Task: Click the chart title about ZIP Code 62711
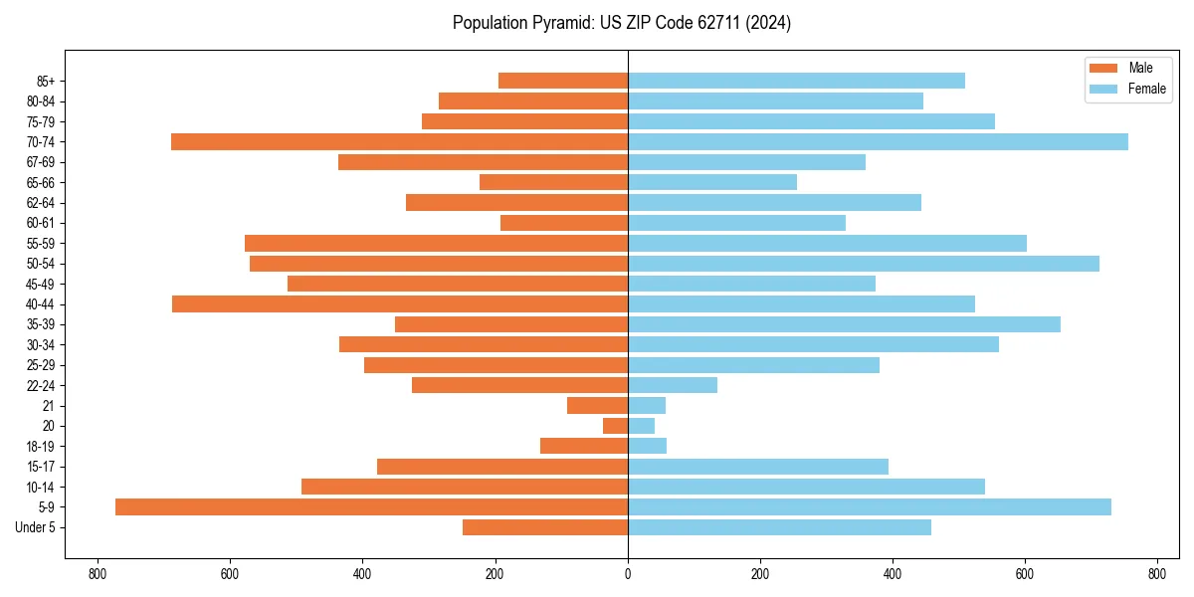pos(621,23)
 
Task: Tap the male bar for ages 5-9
pos(371,507)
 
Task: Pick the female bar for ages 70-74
pos(878,142)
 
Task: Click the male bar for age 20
pos(616,426)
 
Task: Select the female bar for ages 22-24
pos(673,385)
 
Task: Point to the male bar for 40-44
pos(400,304)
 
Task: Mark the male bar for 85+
pos(563,81)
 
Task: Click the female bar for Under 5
pos(779,527)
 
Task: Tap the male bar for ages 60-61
pos(564,223)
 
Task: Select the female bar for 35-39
pos(844,324)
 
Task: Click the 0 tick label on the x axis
pos(628,574)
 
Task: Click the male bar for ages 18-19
pos(584,446)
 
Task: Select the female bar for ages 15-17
pos(758,467)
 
